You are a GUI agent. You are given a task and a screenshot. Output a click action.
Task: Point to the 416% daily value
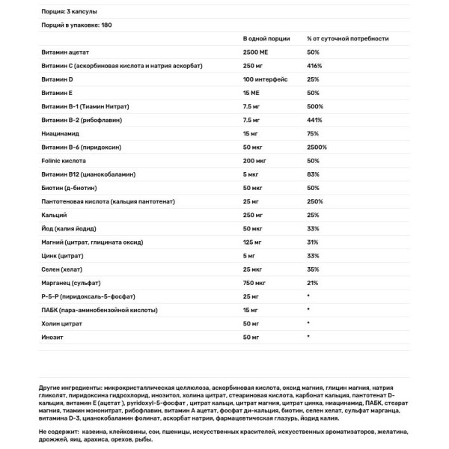[x=314, y=66]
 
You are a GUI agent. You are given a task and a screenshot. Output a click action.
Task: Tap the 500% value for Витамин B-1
[x=314, y=107]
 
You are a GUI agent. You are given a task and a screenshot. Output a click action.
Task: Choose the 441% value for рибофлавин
[x=314, y=120]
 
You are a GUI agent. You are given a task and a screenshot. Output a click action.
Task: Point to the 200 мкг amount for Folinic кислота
[x=254, y=161]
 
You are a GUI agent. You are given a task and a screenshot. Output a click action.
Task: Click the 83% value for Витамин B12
[x=312, y=174]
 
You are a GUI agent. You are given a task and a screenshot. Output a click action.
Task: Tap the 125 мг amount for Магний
[x=253, y=242]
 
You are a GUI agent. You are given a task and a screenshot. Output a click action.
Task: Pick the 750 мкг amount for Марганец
[x=254, y=283]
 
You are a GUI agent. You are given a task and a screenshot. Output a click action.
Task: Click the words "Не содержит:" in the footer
[x=57, y=433]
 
